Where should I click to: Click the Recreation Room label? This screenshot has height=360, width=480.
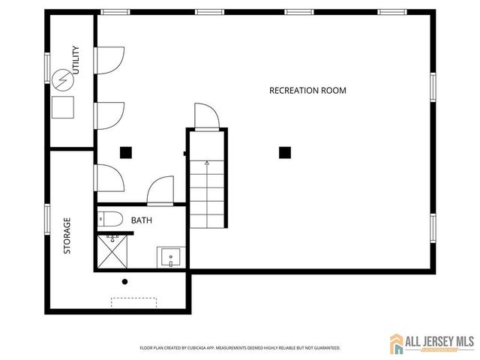(x=307, y=91)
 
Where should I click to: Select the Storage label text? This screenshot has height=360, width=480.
(x=67, y=235)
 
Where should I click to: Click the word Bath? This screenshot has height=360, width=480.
(x=142, y=220)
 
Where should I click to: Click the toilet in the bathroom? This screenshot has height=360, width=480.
(x=111, y=220)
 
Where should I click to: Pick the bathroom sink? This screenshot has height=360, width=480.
(x=169, y=257)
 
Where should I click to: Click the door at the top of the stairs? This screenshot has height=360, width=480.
(x=205, y=116)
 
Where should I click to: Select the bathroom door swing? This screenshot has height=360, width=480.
(x=160, y=190)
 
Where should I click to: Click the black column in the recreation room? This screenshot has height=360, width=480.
(x=285, y=152)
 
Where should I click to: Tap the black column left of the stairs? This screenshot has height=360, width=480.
(x=126, y=152)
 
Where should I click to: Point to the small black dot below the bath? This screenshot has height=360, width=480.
(x=125, y=282)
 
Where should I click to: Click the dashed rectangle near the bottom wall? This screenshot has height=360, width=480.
(x=134, y=301)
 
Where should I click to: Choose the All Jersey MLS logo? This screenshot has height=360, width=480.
(x=431, y=344)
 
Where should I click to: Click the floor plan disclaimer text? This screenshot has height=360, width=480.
(x=240, y=348)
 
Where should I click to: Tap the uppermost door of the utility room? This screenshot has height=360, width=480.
(x=109, y=60)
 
